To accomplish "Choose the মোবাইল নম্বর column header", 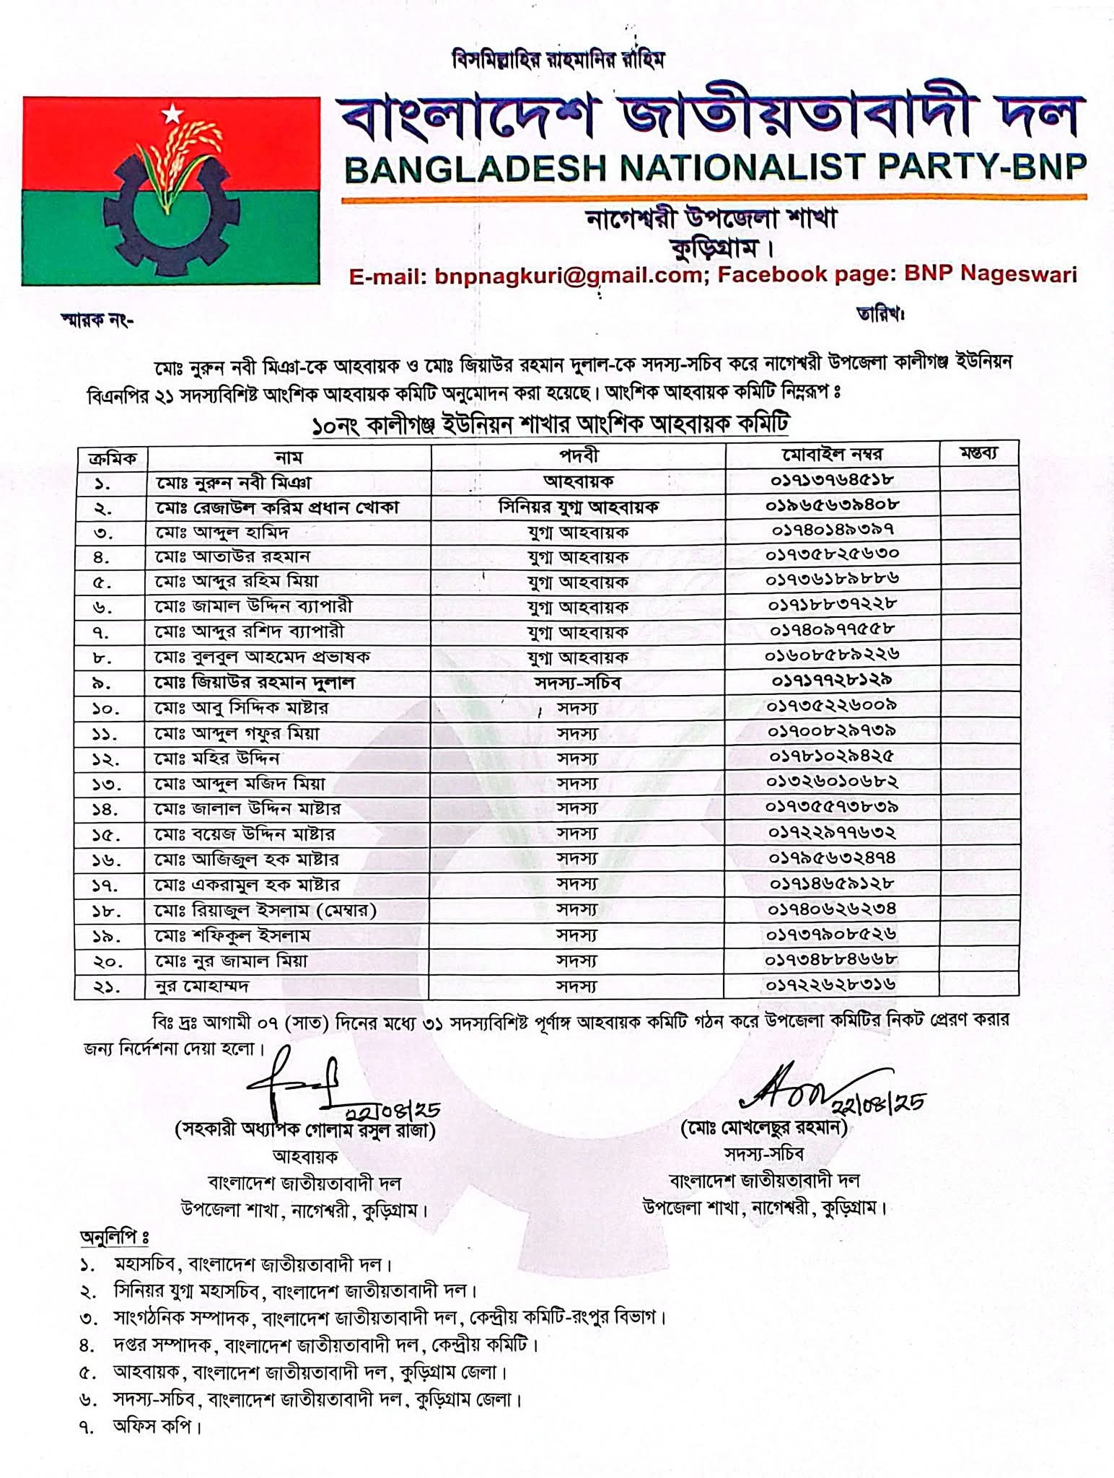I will [x=832, y=455].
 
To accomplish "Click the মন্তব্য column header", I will [x=979, y=454].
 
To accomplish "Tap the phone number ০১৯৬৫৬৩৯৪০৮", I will [x=832, y=505].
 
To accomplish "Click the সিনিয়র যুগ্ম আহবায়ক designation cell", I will [x=578, y=507].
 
